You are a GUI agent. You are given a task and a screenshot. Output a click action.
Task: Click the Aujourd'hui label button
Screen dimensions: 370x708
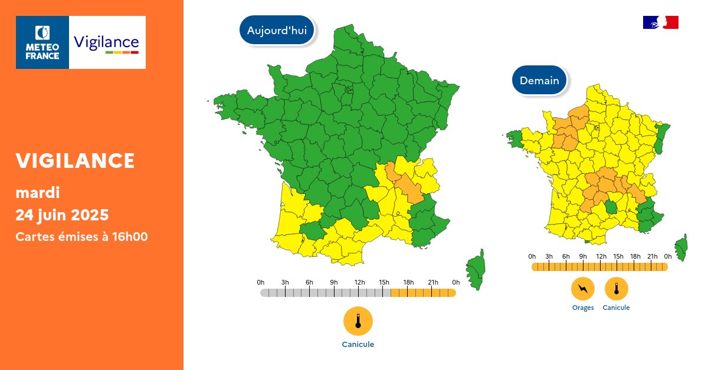pyautogui.click(x=277, y=31)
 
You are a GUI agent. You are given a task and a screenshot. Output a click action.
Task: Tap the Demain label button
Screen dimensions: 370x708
pyautogui.click(x=539, y=80)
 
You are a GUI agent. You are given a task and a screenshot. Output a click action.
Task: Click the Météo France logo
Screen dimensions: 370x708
pyautogui.click(x=42, y=42)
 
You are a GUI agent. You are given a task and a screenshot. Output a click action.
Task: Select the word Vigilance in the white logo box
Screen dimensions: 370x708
pyautogui.click(x=106, y=42)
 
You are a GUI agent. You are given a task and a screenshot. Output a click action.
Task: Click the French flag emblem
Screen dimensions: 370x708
pyautogui.click(x=660, y=22)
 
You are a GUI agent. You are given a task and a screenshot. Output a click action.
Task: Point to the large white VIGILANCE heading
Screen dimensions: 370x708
pyautogui.click(x=76, y=160)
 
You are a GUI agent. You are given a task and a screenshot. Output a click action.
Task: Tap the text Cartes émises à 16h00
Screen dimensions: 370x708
pyautogui.click(x=81, y=237)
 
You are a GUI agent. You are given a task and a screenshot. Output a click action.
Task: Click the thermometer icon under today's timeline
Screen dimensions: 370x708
pyautogui.click(x=358, y=321)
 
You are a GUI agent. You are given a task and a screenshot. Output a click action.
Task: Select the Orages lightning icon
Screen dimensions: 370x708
pyautogui.click(x=583, y=289)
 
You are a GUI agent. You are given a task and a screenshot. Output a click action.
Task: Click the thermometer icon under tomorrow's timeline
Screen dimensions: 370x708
pyautogui.click(x=617, y=289)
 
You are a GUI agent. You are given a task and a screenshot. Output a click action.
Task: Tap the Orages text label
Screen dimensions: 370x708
pyautogui.click(x=583, y=308)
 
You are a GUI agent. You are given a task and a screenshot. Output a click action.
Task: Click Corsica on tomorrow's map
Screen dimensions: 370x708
pyautogui.click(x=681, y=247)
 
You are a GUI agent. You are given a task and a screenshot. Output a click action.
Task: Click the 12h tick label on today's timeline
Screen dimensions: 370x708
pyautogui.click(x=359, y=282)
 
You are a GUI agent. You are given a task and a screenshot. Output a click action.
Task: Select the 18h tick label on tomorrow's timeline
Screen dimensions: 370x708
pyautogui.click(x=635, y=256)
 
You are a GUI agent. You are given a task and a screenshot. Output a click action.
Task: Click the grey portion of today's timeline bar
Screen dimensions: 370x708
pyautogui.click(x=324, y=293)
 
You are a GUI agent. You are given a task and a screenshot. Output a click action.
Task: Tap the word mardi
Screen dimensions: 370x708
pyautogui.click(x=38, y=193)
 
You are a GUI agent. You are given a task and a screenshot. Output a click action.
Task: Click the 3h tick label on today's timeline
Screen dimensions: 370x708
pyautogui.click(x=285, y=282)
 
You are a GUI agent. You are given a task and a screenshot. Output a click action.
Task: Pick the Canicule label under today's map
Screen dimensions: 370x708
pyautogui.click(x=358, y=345)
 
